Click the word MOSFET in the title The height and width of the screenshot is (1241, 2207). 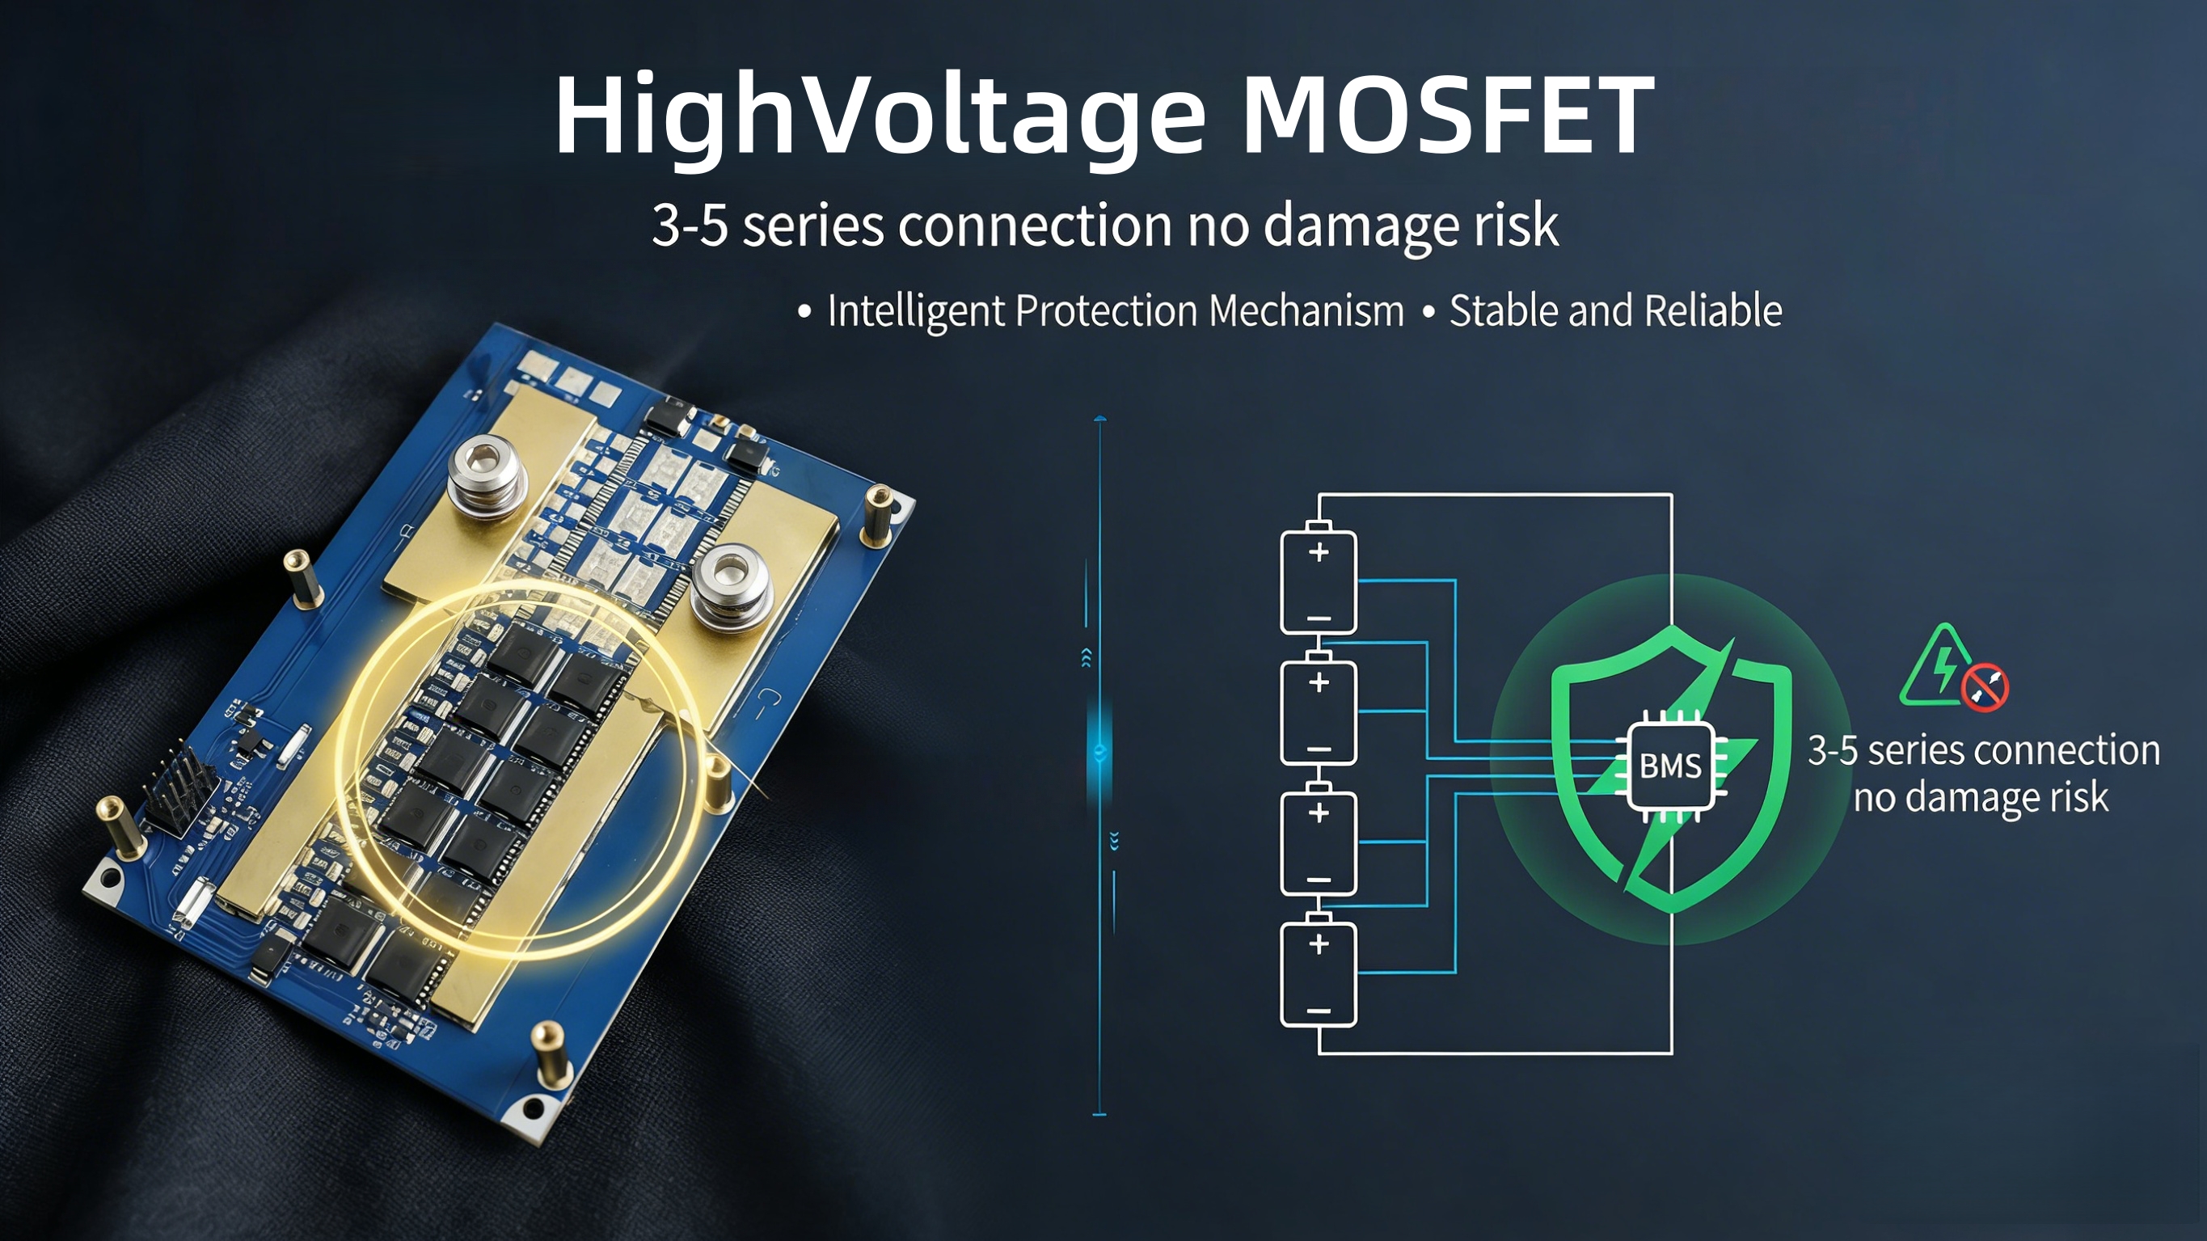(1447, 115)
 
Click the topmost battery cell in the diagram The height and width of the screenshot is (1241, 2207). (1319, 579)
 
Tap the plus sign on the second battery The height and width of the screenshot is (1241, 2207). (1319, 683)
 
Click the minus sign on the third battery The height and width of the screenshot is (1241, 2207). (1319, 880)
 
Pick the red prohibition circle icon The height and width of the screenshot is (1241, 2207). (1983, 686)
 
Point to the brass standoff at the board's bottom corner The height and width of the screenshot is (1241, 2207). (550, 1055)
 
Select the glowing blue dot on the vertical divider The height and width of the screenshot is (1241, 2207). (1100, 752)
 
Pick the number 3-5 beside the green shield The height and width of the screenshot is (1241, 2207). (1833, 752)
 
